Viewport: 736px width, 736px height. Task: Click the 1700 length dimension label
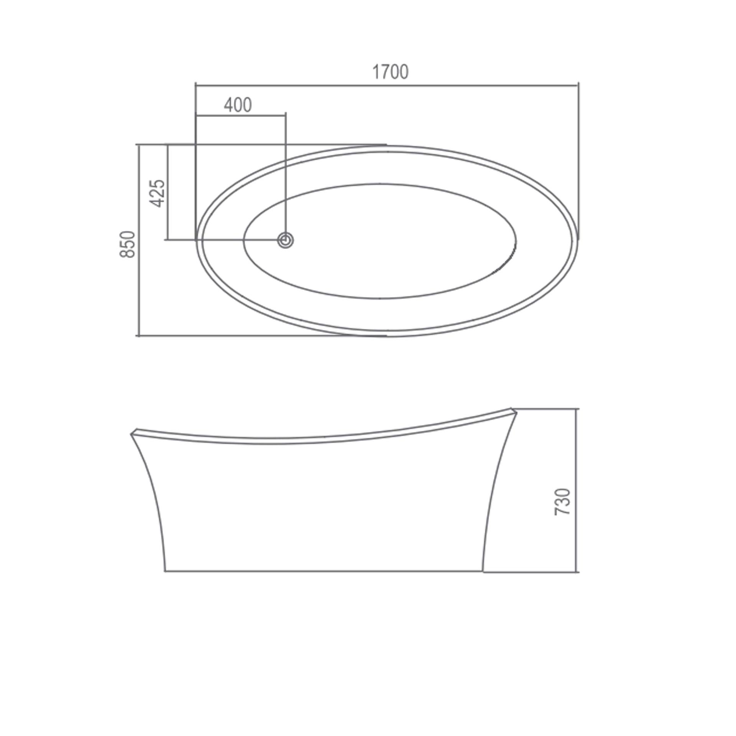click(x=390, y=72)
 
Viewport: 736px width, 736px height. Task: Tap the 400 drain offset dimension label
click(x=238, y=105)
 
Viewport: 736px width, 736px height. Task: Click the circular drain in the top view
click(x=286, y=240)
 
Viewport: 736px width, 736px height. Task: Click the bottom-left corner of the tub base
click(x=165, y=571)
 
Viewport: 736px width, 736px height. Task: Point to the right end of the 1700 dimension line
click(x=578, y=85)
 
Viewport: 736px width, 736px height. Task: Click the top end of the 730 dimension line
click(x=577, y=409)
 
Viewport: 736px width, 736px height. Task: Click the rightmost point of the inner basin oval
click(x=516, y=240)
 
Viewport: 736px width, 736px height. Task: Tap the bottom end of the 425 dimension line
click(x=168, y=240)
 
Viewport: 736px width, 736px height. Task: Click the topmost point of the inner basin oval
click(x=379, y=184)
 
